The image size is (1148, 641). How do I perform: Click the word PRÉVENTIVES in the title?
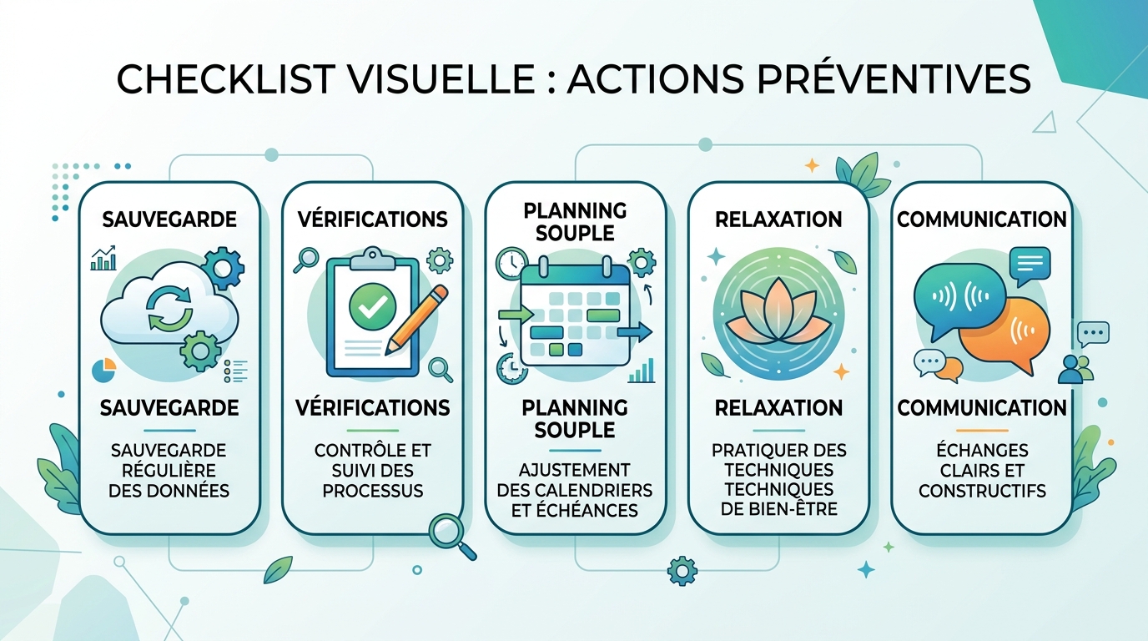(894, 78)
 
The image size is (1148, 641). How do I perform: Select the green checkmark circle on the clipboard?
(373, 306)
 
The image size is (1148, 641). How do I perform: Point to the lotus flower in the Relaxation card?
(778, 311)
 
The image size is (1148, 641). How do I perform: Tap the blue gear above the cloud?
(223, 268)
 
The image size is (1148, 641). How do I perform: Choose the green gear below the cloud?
(200, 351)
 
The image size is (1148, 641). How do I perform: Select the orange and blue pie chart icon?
(103, 371)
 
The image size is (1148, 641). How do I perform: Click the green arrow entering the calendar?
(516, 313)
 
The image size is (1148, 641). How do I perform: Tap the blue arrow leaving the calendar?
(634, 332)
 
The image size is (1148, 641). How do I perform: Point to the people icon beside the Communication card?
(1076, 369)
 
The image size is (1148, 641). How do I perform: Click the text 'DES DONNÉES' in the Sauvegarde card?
(169, 491)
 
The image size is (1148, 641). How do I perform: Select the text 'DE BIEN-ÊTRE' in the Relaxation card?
(779, 509)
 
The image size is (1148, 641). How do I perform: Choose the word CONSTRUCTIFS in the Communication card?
(982, 491)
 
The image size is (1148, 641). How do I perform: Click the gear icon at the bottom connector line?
(682, 571)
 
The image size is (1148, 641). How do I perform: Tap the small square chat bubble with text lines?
(1030, 265)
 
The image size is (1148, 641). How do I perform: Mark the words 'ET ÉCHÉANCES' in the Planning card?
(575, 510)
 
